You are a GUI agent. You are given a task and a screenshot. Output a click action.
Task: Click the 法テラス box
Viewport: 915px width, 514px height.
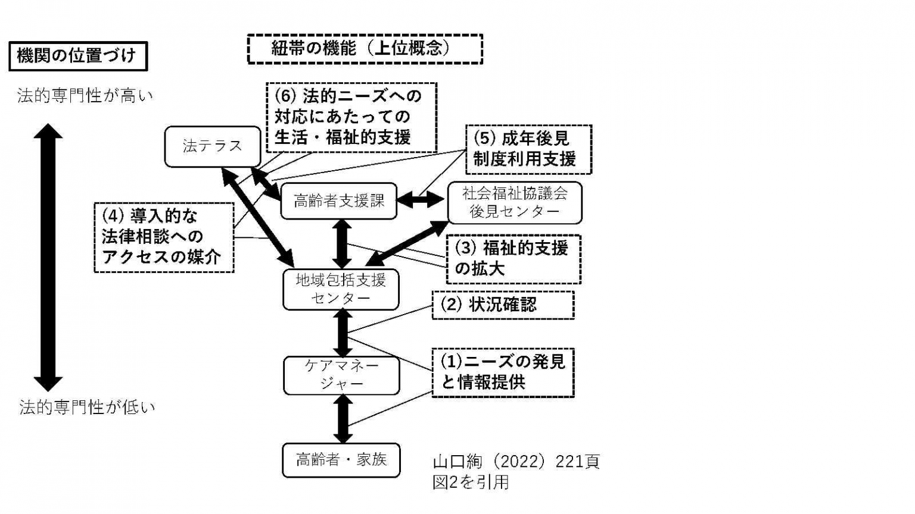point(213,146)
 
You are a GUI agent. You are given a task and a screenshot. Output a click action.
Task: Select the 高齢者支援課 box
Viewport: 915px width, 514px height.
point(338,201)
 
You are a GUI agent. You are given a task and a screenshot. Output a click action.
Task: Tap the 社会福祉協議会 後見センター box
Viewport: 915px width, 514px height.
point(514,202)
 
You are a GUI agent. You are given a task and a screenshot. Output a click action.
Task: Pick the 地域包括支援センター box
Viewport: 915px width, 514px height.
point(341,289)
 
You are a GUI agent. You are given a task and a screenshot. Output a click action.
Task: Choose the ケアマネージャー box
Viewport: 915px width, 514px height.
point(341,375)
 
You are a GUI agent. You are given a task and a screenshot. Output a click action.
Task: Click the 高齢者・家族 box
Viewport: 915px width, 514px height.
point(341,460)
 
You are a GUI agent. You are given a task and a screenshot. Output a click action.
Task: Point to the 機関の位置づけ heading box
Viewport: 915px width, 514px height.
point(77,57)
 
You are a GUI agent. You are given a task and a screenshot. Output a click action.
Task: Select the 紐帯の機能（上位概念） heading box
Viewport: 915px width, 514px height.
point(365,49)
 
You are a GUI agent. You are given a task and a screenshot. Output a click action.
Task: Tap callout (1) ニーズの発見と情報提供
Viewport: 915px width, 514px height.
point(503,372)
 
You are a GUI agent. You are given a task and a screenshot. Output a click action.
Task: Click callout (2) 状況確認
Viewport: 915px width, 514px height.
point(503,305)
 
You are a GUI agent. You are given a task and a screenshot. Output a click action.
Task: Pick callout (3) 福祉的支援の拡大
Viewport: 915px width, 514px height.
point(513,259)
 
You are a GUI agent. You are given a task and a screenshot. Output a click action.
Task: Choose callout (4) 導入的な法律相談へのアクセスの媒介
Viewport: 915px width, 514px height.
point(164,237)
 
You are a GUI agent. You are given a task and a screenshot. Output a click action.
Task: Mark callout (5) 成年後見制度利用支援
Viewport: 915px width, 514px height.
point(528,149)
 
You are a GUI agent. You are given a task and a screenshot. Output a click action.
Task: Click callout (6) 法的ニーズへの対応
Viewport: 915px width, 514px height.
point(351,117)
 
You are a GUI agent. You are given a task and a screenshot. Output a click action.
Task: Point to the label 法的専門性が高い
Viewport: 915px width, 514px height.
point(85,96)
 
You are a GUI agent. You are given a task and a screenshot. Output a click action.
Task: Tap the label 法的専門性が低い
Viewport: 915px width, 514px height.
point(87,408)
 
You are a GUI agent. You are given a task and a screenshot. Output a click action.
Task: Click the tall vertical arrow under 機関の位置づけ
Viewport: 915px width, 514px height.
point(48,257)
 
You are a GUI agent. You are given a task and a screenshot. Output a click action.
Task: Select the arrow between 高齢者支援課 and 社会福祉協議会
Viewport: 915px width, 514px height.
point(421,201)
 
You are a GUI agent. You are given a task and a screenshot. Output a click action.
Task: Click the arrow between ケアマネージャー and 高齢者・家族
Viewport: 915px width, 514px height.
point(342,419)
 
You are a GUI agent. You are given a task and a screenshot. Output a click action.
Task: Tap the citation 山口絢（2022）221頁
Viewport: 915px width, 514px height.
point(516,462)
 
